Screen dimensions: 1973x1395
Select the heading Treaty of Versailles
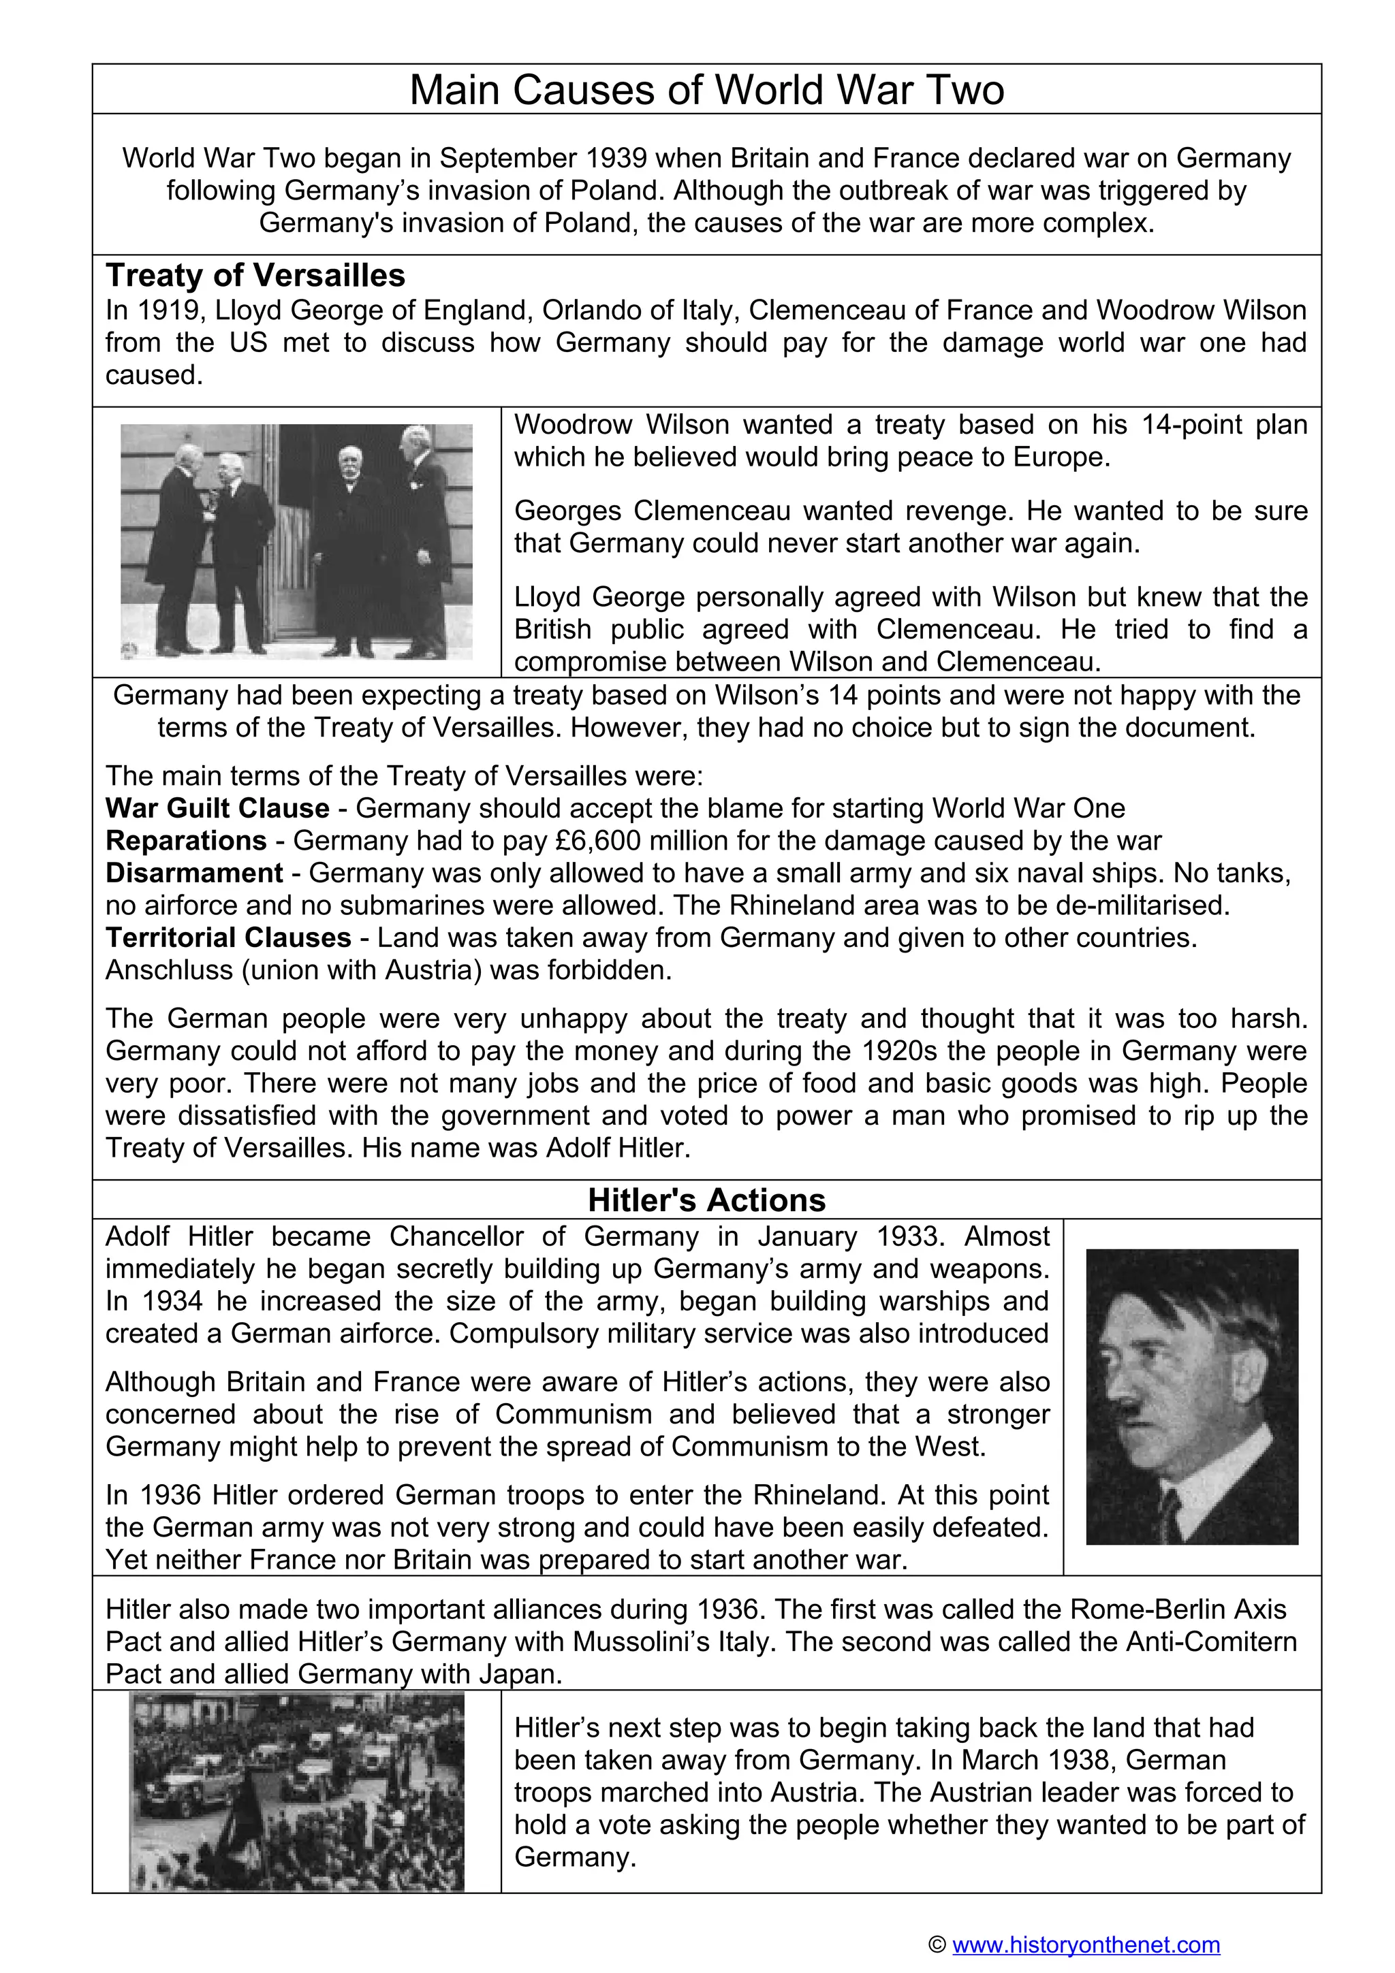click(x=255, y=276)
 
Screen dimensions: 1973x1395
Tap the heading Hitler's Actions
click(x=706, y=1200)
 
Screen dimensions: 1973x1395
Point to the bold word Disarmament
click(x=194, y=873)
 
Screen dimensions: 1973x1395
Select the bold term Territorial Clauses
click(x=229, y=937)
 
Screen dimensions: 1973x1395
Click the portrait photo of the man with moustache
click(x=1191, y=1397)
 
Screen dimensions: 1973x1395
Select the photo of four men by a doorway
click(x=296, y=541)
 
